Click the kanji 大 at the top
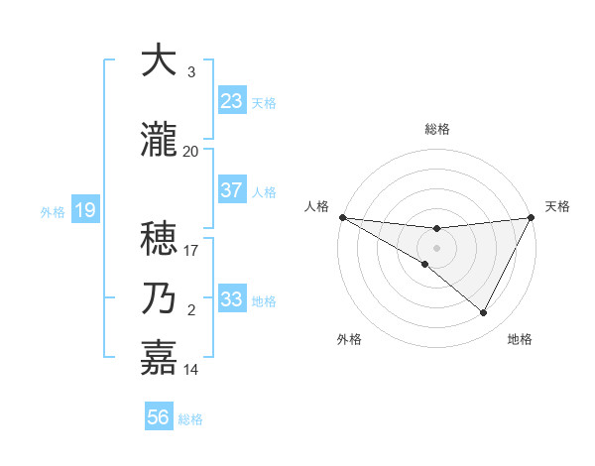159,60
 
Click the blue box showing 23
232,101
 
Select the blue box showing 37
232,190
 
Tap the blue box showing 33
232,299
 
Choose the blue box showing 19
84,210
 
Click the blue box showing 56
159,417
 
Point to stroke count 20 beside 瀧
191,152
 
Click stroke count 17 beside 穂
191,251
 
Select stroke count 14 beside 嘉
191,370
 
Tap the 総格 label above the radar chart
437,129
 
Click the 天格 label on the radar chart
557,206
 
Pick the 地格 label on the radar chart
520,339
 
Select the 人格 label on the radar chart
317,206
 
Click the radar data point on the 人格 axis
342,217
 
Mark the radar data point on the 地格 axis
484,313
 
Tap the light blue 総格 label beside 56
190,418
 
